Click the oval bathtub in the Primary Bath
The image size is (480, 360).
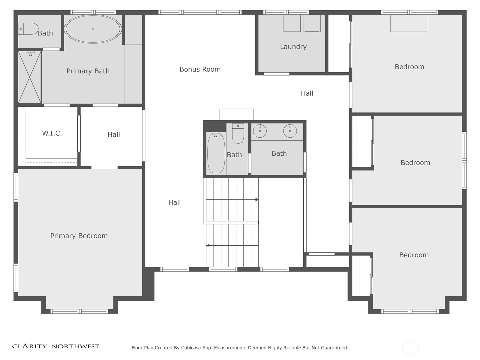tap(93, 29)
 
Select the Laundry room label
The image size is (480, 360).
tap(293, 46)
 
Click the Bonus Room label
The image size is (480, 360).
tap(200, 69)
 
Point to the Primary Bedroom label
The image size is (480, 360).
tap(79, 236)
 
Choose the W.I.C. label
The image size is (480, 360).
tap(52, 133)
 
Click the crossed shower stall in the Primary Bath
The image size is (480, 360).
tap(29, 77)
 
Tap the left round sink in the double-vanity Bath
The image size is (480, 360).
tap(260, 130)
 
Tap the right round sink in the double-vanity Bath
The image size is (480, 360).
tap(290, 130)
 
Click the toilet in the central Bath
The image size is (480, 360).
tap(238, 133)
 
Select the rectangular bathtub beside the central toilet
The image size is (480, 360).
tap(216, 153)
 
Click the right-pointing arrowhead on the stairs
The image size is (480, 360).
tap(257, 199)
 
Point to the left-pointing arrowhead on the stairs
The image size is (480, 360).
tap(208, 246)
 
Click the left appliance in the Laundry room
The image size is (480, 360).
tap(292, 23)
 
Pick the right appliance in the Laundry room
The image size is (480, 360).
tap(312, 23)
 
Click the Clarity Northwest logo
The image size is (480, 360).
tap(56, 346)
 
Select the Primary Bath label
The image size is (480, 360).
tap(88, 71)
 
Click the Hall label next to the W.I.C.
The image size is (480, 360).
tap(114, 134)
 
